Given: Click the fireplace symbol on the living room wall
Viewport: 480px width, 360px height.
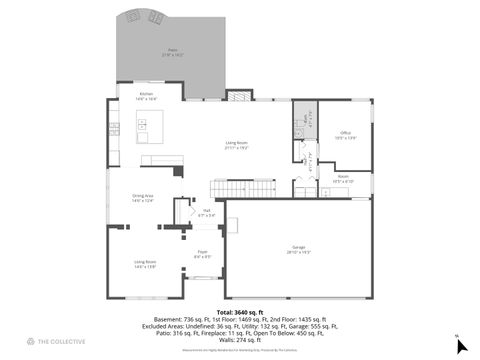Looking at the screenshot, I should click(238, 96).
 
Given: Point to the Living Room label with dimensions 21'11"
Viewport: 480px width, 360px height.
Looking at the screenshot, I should click(236, 145).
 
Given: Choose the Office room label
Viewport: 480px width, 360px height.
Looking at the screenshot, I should click(345, 134).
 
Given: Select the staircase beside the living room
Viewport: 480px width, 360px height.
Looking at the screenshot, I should click(243, 188).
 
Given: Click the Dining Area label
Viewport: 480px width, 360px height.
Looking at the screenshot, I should click(143, 197).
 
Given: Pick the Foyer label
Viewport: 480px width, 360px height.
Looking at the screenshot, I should click(201, 253).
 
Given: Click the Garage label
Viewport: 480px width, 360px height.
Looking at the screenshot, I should click(298, 247).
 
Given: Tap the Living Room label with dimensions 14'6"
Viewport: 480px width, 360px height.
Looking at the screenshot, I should click(145, 263).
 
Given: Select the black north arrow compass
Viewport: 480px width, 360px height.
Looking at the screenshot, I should click(461, 345).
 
